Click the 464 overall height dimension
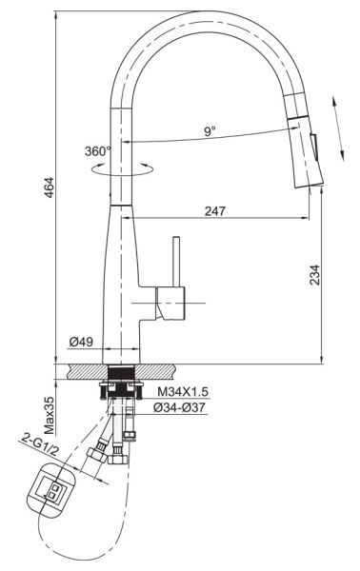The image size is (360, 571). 49,187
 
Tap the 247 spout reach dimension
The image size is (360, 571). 215,211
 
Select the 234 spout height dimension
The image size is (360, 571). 314,275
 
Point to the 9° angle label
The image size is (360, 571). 210,131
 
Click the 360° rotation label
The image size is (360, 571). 98,151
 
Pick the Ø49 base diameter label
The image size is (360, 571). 81,342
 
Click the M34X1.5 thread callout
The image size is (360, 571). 183,392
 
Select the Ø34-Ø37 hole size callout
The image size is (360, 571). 179,407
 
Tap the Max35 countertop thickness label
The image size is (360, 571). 49,416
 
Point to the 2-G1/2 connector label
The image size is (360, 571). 39,444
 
